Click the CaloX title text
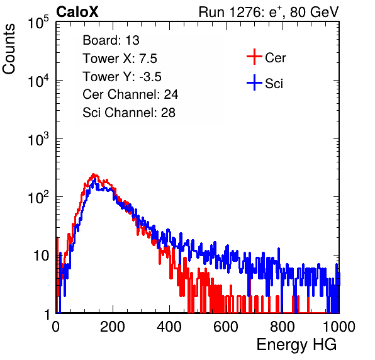pyautogui.click(x=77, y=12)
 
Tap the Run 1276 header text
pyautogui.click(x=269, y=12)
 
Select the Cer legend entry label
pyautogui.click(x=275, y=58)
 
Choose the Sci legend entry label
pyautogui.click(x=274, y=84)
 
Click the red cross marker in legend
pyautogui.click(x=254, y=57)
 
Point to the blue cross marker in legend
pyautogui.click(x=254, y=83)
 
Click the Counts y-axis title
pyautogui.click(x=9, y=49)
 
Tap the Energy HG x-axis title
pyautogui.click(x=296, y=345)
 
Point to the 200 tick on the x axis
pyautogui.click(x=113, y=327)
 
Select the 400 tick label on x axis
pyautogui.click(x=169, y=327)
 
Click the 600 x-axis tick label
pyautogui.click(x=226, y=327)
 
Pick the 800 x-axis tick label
pyautogui.click(x=283, y=327)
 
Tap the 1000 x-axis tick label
pyautogui.click(x=339, y=327)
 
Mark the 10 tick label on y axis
pyautogui.click(x=41, y=256)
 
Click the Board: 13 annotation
pyautogui.click(x=111, y=40)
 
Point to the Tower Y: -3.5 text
pyautogui.click(x=122, y=77)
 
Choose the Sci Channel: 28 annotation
pyautogui.click(x=129, y=113)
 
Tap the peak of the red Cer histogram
pyautogui.click(x=94, y=174)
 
